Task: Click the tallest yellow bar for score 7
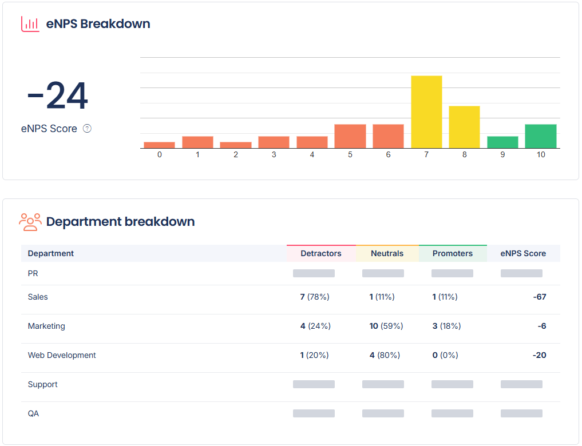tap(426, 112)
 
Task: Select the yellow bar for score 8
tap(464, 127)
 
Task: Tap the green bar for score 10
tap(540, 136)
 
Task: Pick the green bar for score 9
tap(502, 142)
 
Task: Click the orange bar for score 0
tap(159, 145)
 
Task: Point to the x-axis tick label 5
tap(350, 155)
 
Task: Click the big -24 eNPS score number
tap(57, 96)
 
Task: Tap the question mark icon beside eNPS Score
tap(87, 129)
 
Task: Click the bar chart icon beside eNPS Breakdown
tap(30, 24)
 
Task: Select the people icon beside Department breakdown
tap(30, 222)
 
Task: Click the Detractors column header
tap(320, 253)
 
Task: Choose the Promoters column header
tap(452, 253)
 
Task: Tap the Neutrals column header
tap(387, 253)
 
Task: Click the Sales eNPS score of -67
tap(539, 297)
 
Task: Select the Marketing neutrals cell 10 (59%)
tap(386, 326)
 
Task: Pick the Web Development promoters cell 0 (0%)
tap(445, 355)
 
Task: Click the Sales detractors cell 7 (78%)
tap(315, 297)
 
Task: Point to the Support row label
tap(43, 384)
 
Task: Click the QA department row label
tap(33, 413)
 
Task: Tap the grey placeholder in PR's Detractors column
tap(314, 273)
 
